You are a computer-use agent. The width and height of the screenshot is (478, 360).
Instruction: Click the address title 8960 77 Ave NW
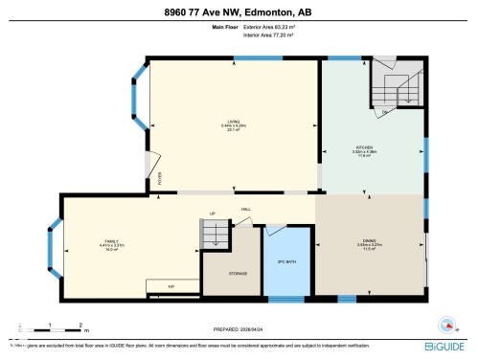tap(239, 11)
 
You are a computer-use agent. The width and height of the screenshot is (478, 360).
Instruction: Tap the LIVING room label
tap(230, 123)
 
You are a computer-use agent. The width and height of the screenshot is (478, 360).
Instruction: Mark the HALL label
tap(246, 209)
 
